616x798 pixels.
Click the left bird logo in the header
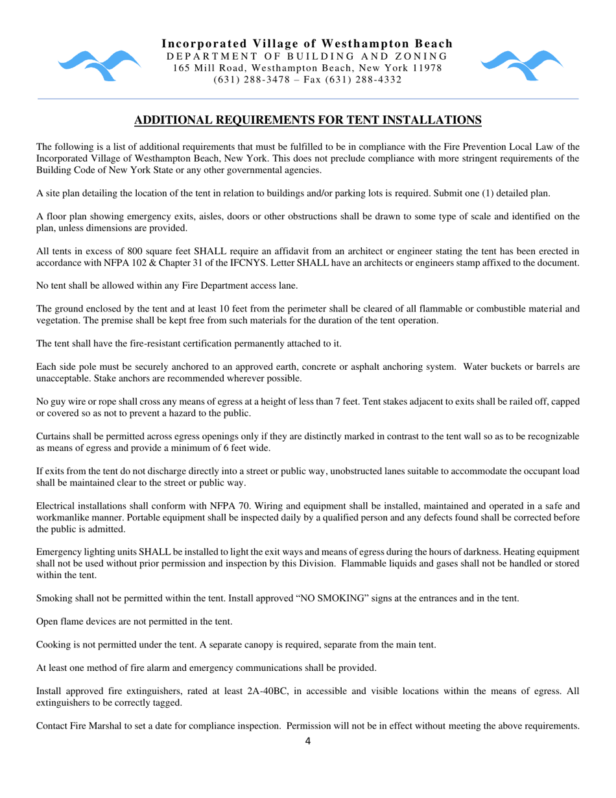click(x=99, y=65)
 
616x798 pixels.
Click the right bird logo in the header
click(x=521, y=65)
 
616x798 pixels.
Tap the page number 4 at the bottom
click(x=308, y=743)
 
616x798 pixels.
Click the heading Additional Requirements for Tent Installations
click(x=307, y=120)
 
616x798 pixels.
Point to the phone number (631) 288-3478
click(x=245, y=80)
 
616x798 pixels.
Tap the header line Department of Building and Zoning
click(x=307, y=56)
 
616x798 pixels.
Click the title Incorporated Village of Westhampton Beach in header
click(x=307, y=43)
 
